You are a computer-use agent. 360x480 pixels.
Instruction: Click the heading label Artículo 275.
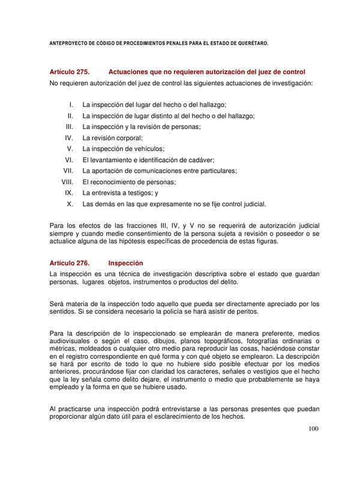coord(70,72)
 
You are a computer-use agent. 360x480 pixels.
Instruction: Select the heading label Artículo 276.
coord(70,263)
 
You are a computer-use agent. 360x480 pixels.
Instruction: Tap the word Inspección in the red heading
coord(125,263)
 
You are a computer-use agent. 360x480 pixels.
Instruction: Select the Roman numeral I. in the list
coord(71,104)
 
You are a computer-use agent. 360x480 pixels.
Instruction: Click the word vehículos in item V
coord(149,149)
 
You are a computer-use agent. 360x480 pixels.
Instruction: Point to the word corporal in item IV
coord(130,137)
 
